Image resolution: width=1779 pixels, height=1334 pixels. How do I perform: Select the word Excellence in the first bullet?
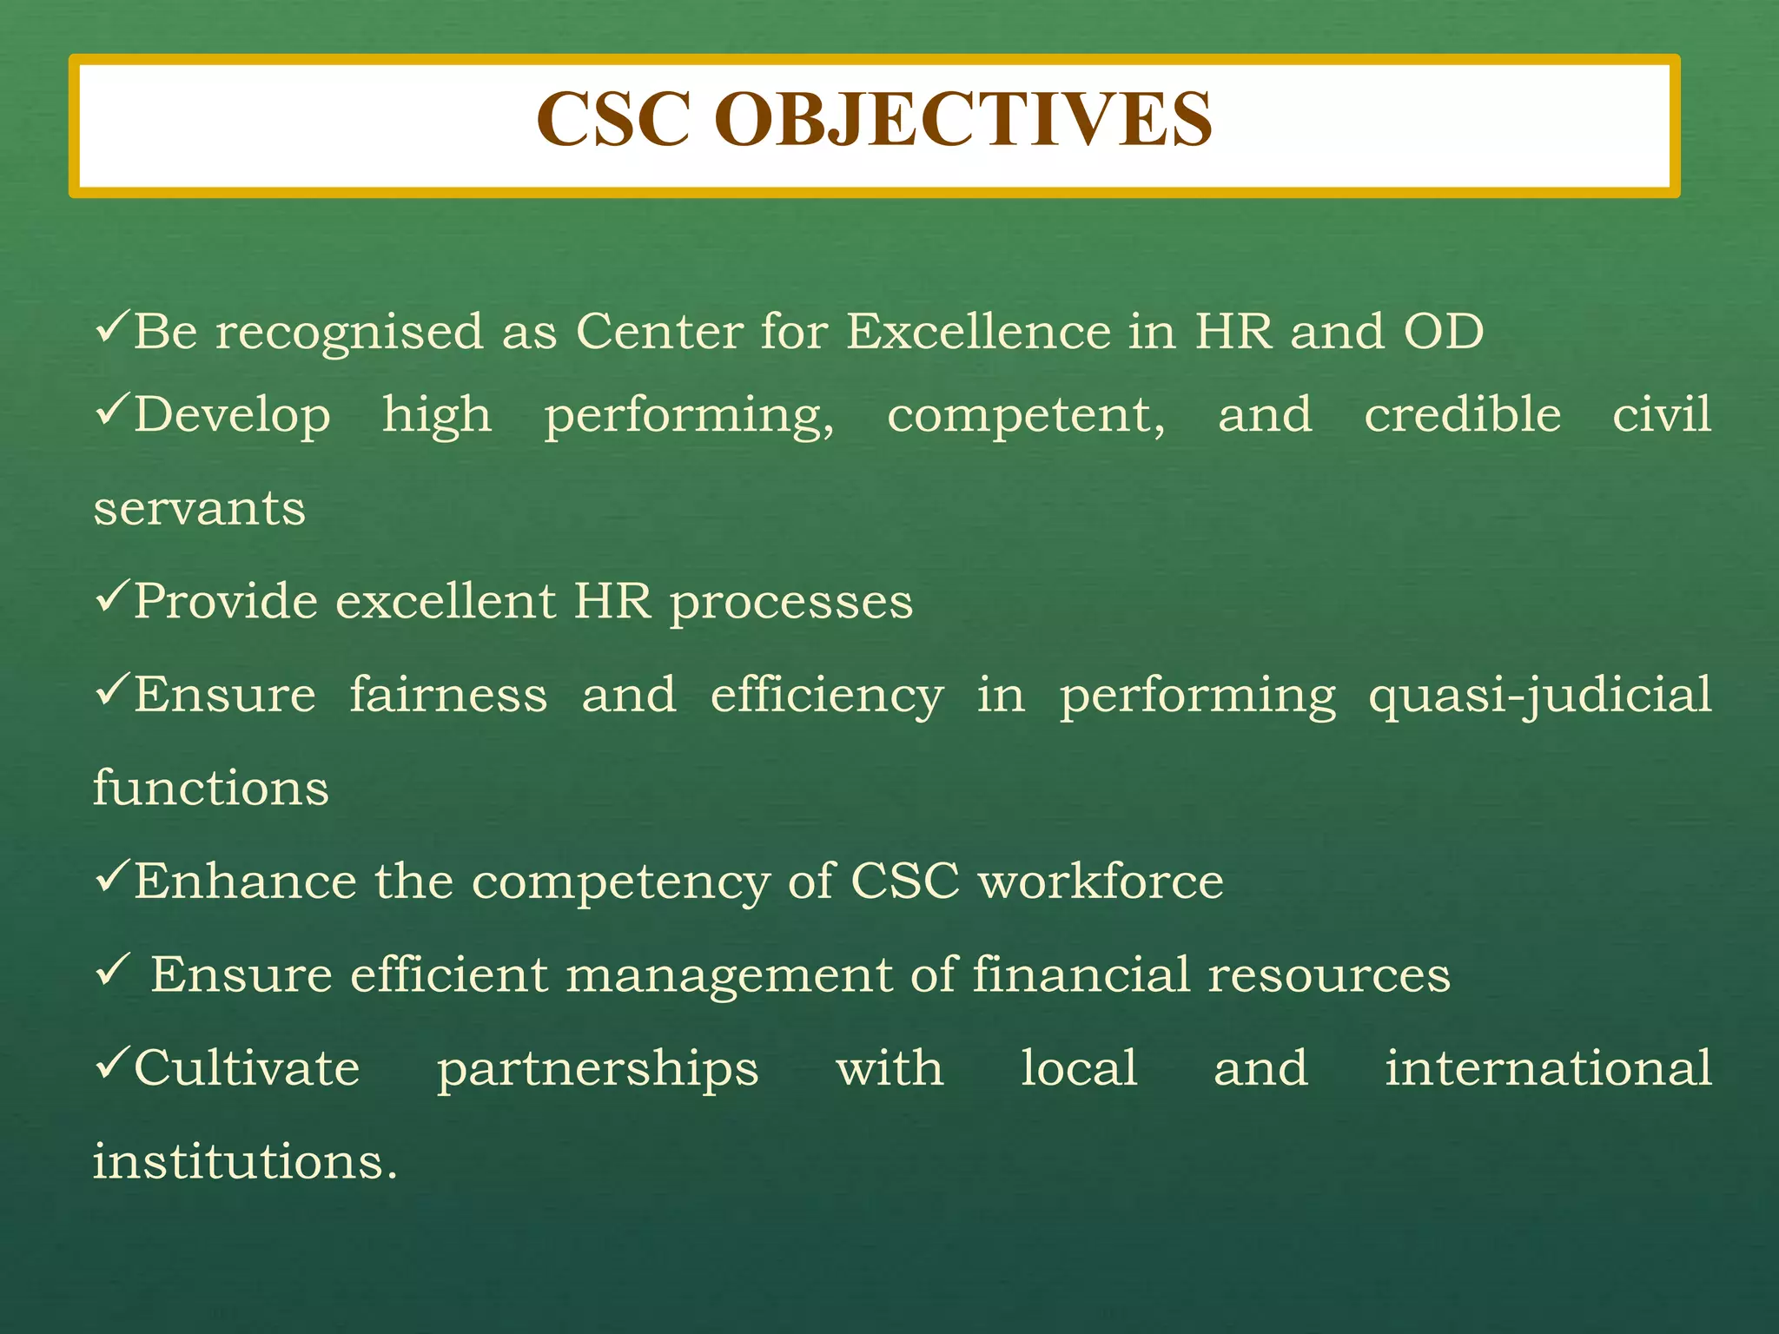coord(977,332)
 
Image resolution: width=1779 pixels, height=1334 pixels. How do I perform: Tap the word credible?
coord(1462,414)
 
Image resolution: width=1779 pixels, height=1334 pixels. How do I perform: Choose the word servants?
coord(200,509)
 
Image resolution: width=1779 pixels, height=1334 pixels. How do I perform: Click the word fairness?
coord(448,695)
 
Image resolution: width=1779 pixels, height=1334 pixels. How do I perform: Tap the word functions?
coord(211,788)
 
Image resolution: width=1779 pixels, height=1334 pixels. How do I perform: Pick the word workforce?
coord(1101,882)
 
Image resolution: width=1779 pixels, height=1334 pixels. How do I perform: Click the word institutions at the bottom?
coord(245,1162)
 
